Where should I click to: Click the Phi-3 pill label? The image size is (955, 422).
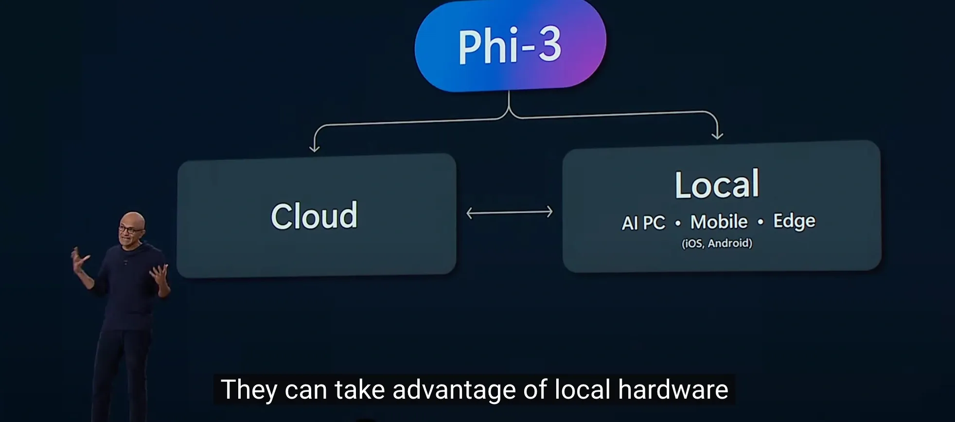point(510,46)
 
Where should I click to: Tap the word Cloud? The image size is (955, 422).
point(314,216)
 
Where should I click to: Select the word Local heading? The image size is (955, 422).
point(717,184)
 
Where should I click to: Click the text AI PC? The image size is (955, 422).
point(643,223)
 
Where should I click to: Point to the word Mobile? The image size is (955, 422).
point(719,222)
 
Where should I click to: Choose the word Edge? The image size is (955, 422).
point(794,221)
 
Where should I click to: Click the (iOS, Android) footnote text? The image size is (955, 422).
point(717,243)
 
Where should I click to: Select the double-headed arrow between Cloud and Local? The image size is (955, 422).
point(509,212)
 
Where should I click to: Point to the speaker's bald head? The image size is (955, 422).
point(132,219)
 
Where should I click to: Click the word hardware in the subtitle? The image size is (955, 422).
point(673,389)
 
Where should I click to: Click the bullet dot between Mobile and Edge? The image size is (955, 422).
point(760,222)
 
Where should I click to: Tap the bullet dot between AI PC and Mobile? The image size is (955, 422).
point(678,224)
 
